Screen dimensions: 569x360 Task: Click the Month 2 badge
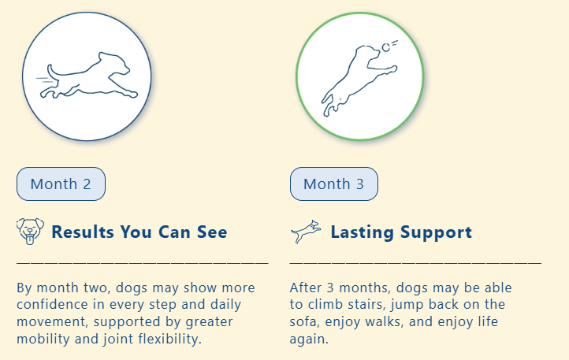[61, 184]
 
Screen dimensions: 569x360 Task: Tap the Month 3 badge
[334, 184]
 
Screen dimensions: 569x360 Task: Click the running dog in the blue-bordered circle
[89, 76]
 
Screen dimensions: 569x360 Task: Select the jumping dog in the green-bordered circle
[359, 80]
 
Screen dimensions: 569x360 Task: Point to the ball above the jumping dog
[385, 47]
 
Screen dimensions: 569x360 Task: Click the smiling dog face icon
[30, 232]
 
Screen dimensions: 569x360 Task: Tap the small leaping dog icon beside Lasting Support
[306, 231]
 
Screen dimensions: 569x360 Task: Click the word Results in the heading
[83, 232]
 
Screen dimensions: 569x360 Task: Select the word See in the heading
[212, 232]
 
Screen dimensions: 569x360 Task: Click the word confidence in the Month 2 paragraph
[52, 304]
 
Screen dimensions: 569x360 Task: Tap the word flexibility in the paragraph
[169, 339]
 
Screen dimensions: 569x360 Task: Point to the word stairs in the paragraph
[366, 305]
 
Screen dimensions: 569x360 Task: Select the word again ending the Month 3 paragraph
[309, 340]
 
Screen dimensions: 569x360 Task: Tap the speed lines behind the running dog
[45, 80]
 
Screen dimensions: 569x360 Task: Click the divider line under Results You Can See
[143, 262]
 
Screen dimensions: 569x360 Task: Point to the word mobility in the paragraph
[43, 339]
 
